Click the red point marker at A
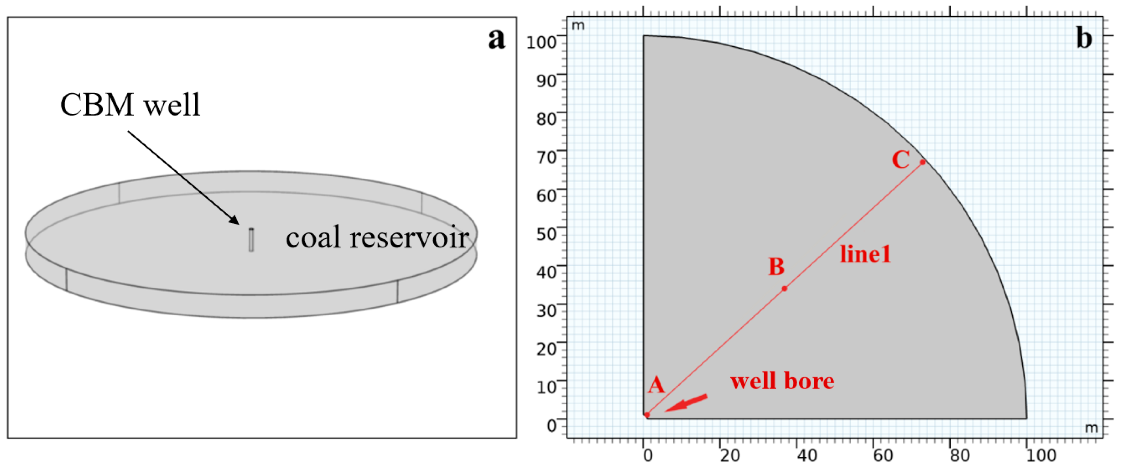647,414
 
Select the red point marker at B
784,288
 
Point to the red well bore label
782,381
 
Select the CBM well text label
130,105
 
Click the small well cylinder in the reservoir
251,240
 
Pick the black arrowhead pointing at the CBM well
234,219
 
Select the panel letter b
1084,38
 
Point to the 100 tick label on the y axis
542,42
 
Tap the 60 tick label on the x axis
883,455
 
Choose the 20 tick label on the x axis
730,455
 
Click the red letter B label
777,267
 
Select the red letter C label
901,159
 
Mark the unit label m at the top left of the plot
578,26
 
